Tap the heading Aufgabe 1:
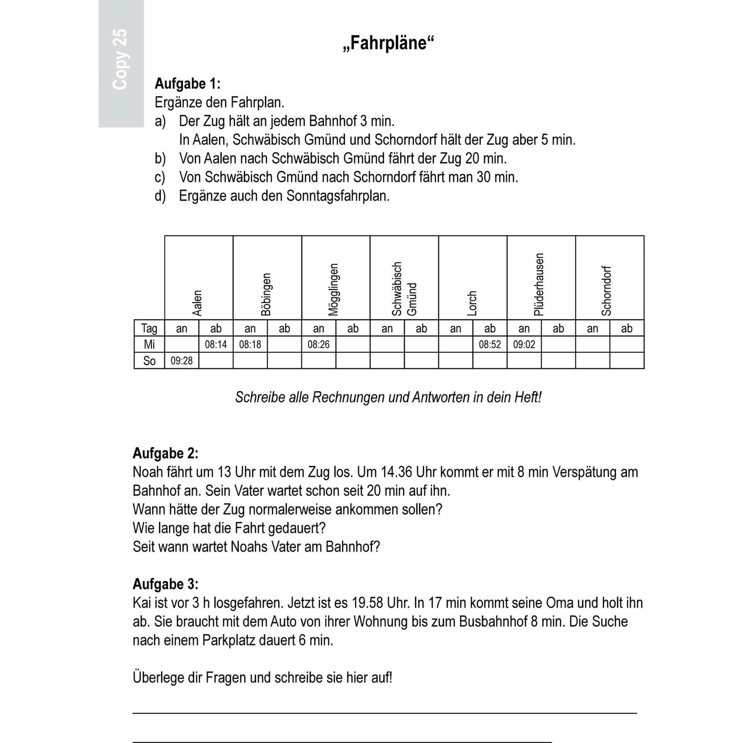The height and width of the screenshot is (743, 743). pyautogui.click(x=187, y=84)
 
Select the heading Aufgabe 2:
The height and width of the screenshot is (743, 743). pyautogui.click(x=165, y=453)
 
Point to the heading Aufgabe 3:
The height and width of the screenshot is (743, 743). pyautogui.click(x=165, y=584)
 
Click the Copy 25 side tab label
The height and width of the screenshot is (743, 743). pyautogui.click(x=120, y=59)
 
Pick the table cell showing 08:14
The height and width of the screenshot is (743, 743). pyautogui.click(x=216, y=345)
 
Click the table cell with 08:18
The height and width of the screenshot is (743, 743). pyautogui.click(x=250, y=345)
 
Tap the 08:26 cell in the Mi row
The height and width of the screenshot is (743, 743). pyautogui.click(x=319, y=345)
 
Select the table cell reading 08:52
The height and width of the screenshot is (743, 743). pyautogui.click(x=490, y=345)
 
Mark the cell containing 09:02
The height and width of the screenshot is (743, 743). pyautogui.click(x=524, y=345)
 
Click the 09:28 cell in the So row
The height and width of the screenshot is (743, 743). pyautogui.click(x=182, y=361)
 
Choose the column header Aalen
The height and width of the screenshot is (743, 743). pyautogui.click(x=198, y=303)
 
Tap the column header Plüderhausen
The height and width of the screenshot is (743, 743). pyautogui.click(x=539, y=284)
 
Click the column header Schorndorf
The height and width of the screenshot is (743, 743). pyautogui.click(x=606, y=291)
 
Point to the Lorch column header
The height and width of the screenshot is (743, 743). pyautogui.click(x=472, y=303)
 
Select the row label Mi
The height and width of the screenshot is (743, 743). pyautogui.click(x=149, y=345)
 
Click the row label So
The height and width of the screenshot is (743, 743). pyautogui.click(x=149, y=361)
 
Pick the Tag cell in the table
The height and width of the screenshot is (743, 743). pyautogui.click(x=149, y=328)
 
